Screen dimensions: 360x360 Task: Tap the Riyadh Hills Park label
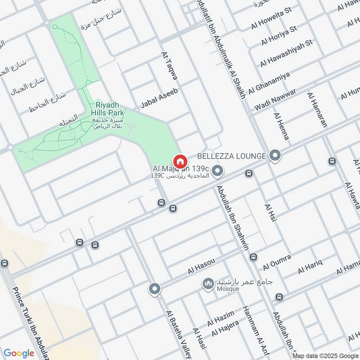(x=108, y=107)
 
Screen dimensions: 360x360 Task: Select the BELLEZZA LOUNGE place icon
(x=275, y=156)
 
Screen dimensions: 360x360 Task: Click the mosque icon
(x=208, y=284)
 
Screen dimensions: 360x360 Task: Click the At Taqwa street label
(x=170, y=66)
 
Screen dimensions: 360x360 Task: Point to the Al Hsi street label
(x=270, y=212)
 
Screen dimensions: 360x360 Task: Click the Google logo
(x=19, y=353)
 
